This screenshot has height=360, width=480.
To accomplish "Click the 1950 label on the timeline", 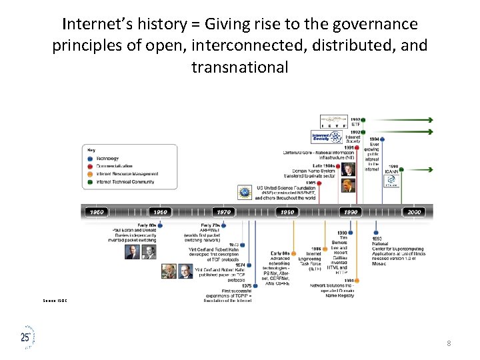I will click(96, 212).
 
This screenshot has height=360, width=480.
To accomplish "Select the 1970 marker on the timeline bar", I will click(224, 212).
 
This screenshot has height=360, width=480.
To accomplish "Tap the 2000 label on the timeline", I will click(414, 212).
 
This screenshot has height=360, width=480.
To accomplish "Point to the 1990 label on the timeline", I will click(350, 212).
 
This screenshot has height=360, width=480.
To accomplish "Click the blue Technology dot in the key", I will click(91, 158).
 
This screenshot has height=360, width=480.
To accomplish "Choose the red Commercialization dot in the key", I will click(91, 166).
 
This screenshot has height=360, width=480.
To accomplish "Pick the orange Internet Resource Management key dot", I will click(91, 174).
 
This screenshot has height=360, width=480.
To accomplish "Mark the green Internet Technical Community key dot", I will click(91, 182).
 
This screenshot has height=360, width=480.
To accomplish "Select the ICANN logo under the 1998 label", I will click(392, 189).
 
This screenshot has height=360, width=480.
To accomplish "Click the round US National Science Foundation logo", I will click(244, 191).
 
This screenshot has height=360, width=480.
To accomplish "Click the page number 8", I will click(449, 343).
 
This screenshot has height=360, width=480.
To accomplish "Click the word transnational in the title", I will click(240, 67).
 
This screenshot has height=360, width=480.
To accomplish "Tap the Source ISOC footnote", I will click(57, 301).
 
